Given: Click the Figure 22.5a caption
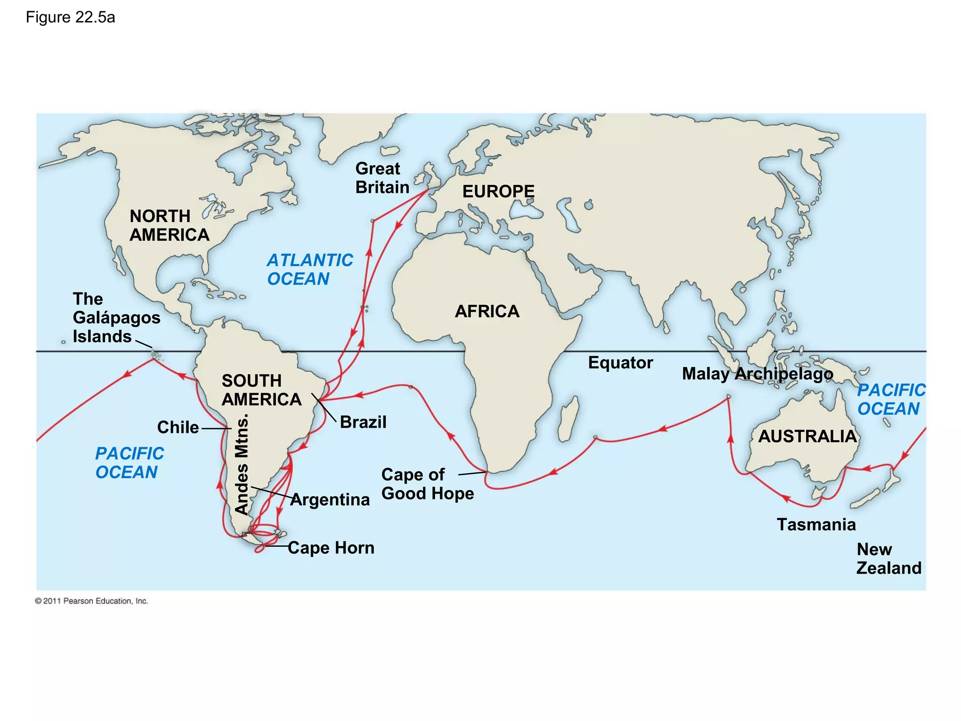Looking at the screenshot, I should point(70,18).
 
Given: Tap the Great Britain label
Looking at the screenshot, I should point(382,178).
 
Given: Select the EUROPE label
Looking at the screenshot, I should point(498,192).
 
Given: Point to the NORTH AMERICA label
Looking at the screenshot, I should point(169,225).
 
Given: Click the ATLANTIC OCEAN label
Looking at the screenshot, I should point(310,269).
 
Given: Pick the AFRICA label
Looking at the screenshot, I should point(487,311).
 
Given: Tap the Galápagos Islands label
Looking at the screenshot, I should point(116,318).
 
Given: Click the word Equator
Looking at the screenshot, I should point(620,363).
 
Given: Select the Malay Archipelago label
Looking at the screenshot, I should point(757,374).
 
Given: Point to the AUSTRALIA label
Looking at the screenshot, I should point(807,436).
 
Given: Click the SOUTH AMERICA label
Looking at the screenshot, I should point(261,390).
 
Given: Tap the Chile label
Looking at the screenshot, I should point(178,428).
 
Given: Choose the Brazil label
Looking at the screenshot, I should point(363,422).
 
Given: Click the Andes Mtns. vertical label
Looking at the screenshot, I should point(242,465).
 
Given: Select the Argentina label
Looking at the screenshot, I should point(330,500).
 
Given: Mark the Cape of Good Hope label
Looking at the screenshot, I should point(427,484).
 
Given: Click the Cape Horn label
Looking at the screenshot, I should point(331,548).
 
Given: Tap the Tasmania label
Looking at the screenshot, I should point(816,525).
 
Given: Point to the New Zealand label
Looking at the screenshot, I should point(889,559).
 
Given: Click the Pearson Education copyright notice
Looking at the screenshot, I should point(92,601).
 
